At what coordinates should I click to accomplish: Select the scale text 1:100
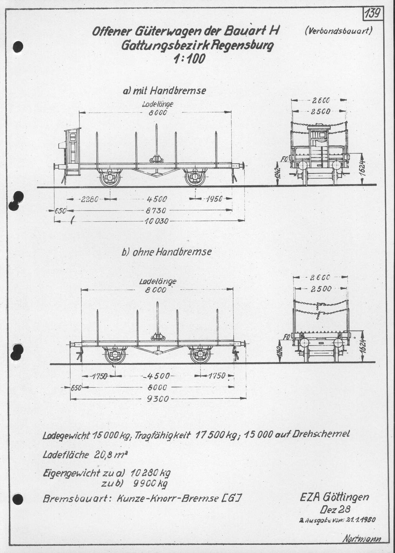click(189, 58)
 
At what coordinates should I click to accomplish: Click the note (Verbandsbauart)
click(338, 31)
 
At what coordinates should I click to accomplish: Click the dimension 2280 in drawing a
click(88, 199)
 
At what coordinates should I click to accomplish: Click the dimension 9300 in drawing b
click(158, 399)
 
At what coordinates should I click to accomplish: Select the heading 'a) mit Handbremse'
click(165, 91)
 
